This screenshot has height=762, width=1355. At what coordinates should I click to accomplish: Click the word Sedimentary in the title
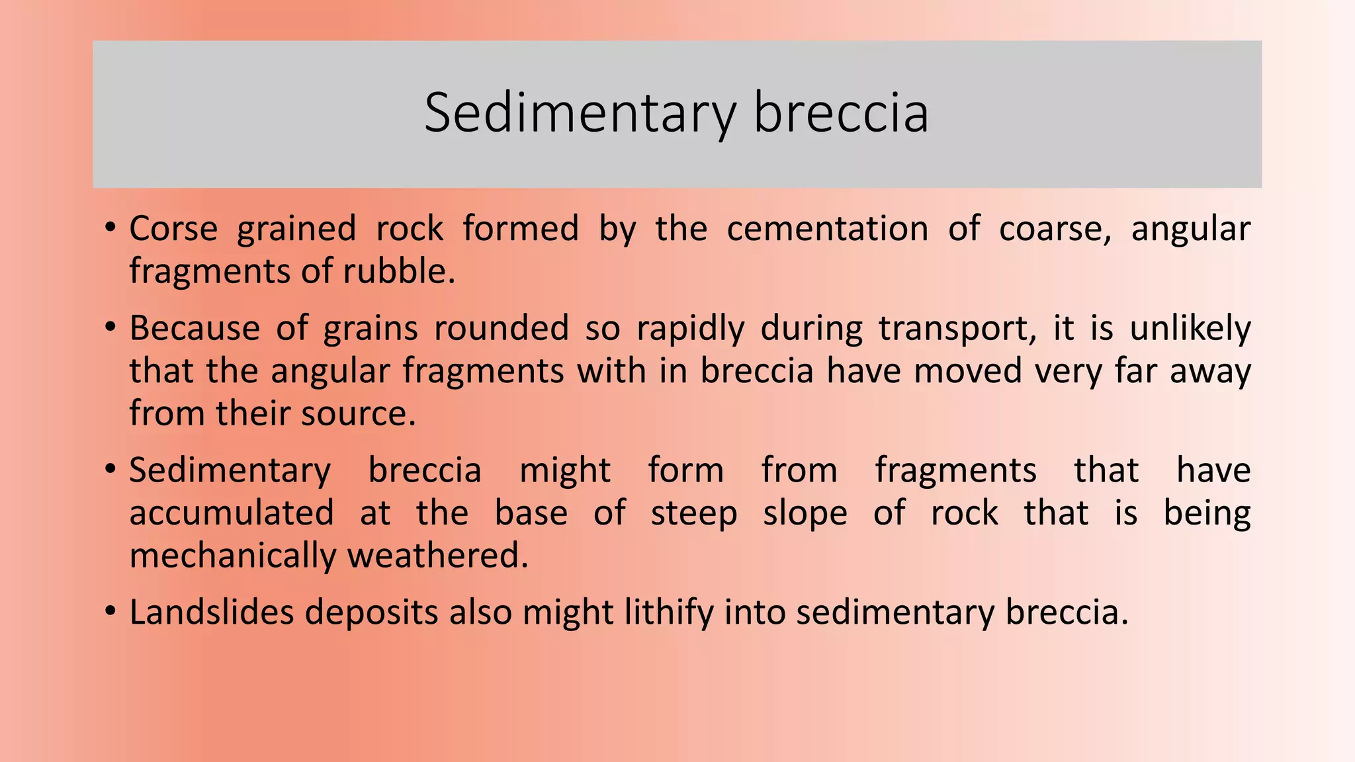[x=580, y=114]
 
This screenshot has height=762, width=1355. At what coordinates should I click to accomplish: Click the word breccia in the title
[x=841, y=112]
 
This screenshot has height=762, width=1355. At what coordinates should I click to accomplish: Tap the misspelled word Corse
[x=173, y=229]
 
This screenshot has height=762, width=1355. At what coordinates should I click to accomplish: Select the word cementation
[x=827, y=229]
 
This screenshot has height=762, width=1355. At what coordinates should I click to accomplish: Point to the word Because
[x=195, y=328]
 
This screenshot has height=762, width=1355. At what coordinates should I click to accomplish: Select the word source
[x=358, y=414]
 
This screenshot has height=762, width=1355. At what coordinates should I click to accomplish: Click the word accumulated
[x=232, y=513]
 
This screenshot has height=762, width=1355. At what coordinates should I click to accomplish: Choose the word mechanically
[x=232, y=556]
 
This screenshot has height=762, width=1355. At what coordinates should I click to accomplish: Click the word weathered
[x=437, y=556]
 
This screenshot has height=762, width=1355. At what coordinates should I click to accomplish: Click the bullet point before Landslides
[x=110, y=611]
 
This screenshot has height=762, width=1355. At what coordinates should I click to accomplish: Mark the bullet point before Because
[x=110, y=327]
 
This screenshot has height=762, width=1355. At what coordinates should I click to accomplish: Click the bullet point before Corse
[x=110, y=228]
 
